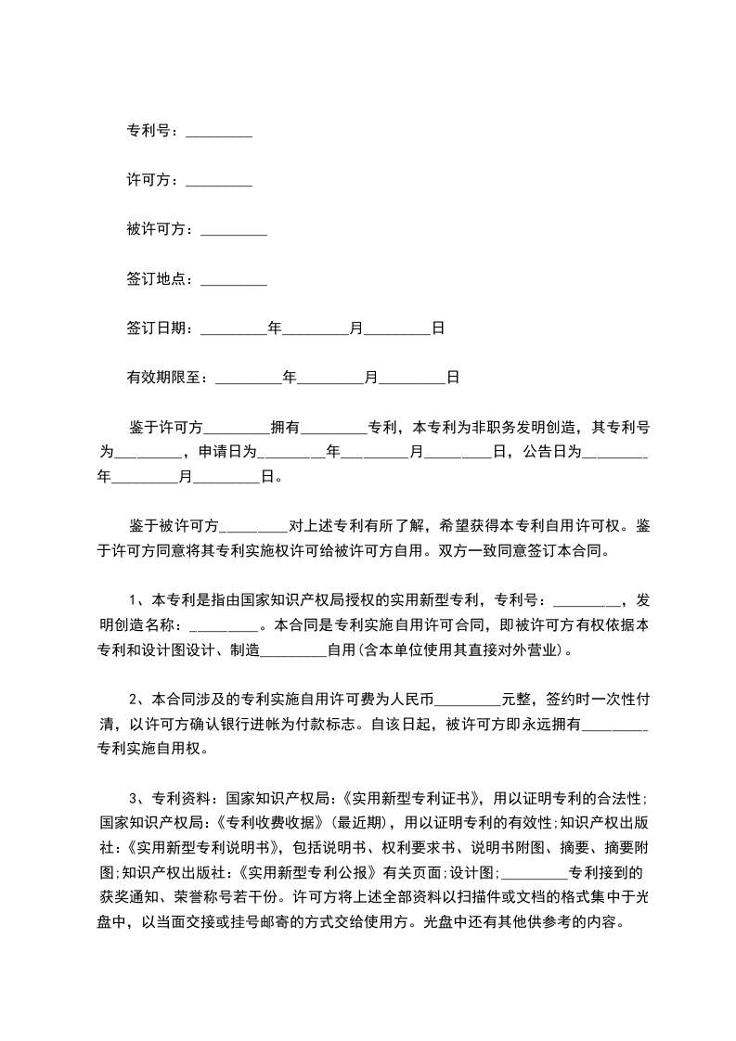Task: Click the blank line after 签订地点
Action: point(234,279)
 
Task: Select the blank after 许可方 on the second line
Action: point(219,181)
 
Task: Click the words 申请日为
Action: point(227,453)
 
